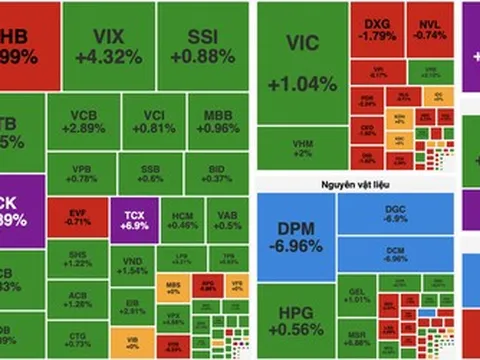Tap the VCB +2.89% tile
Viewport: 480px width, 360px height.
(x=83, y=121)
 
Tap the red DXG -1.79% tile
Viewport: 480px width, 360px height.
(x=377, y=29)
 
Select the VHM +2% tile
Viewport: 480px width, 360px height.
(x=301, y=148)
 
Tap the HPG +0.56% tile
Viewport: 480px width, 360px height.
(x=294, y=317)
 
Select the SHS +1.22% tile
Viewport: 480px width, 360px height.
(x=75, y=258)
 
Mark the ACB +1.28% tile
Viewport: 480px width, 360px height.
(x=75, y=298)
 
